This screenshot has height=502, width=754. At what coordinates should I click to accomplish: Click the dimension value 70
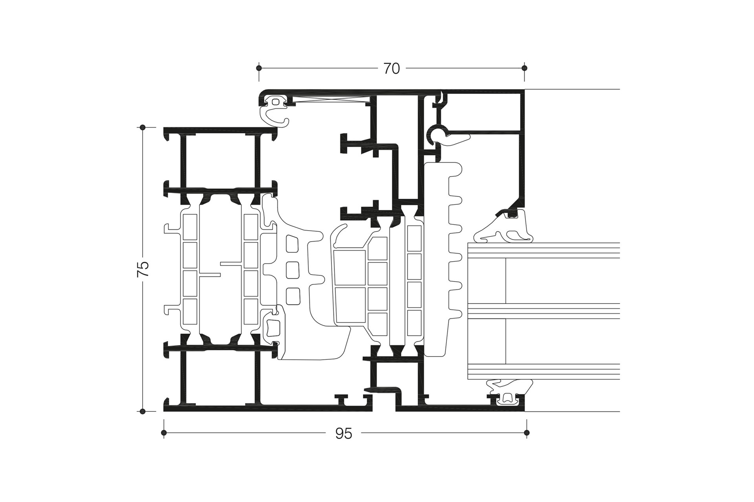392,69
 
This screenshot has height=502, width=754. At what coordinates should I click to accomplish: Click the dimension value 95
344,433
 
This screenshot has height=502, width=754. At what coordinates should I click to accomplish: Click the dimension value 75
143,269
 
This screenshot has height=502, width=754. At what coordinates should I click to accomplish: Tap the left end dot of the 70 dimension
258,68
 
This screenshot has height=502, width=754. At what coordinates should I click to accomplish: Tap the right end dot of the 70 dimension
524,68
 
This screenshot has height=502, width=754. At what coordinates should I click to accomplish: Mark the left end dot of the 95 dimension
164,433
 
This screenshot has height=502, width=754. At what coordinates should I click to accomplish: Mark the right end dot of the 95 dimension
527,433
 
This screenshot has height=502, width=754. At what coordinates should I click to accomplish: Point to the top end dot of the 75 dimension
143,127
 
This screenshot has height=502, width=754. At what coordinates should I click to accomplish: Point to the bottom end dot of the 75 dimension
143,411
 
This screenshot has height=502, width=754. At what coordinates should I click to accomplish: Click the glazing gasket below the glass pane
509,390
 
